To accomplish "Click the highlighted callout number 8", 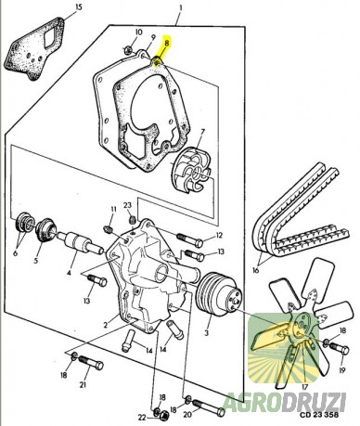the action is pos(167,43).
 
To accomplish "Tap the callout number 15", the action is pos(79,6).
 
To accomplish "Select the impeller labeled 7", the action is pos(193,170).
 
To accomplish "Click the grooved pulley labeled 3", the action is pos(220,293).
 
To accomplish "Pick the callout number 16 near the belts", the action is pos(255,271).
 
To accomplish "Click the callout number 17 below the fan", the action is pos(304,386).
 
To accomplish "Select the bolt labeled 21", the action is pos(91,363).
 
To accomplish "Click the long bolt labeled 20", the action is pos(209,407).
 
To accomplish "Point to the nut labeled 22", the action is pos(165,416).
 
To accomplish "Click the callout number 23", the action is pos(127,205).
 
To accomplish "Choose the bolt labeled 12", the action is pos(190,239).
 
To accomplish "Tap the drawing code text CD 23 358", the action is pos(318,415).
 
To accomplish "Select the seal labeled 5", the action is pos(45,231).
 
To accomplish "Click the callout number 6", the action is pos(15,253).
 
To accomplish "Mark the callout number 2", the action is pos(106,325).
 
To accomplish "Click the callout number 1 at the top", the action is pos(181,7).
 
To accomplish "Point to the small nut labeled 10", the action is pos(128,49).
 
